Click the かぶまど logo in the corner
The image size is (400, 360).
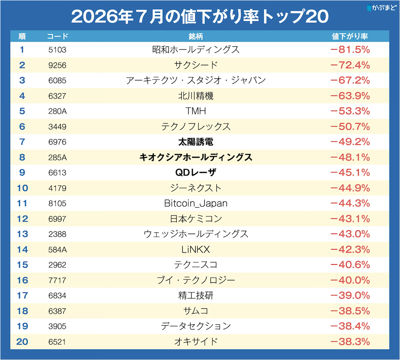(382, 8)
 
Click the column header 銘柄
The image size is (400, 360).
(196, 36)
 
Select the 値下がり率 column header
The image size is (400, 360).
(350, 36)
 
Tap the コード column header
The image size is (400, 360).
(57, 36)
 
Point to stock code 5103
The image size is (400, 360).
(57, 50)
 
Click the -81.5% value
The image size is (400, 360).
(350, 50)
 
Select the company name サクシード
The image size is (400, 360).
(196, 65)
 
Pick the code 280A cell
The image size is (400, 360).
(57, 111)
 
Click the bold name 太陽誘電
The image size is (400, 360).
(196, 142)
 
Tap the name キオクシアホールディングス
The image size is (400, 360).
(196, 157)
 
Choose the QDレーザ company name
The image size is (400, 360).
(196, 172)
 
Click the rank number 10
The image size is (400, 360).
(22, 188)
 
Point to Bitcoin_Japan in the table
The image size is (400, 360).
(196, 204)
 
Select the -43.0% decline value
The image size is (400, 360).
(350, 234)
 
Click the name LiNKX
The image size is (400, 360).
(196, 249)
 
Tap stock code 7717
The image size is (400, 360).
(57, 280)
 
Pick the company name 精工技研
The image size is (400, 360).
(196, 296)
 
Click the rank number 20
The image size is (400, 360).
(22, 342)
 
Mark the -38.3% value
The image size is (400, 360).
(350, 342)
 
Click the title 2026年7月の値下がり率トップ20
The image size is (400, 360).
(200, 16)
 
